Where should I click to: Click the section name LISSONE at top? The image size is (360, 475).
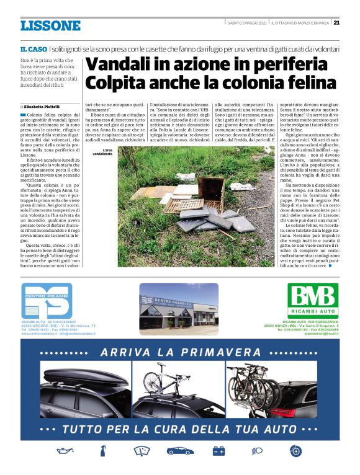coord(50,25)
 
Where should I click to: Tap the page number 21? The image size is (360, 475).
coord(336,23)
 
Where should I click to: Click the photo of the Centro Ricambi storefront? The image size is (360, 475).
coord(179,306)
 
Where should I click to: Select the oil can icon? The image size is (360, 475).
coord(63,451)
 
